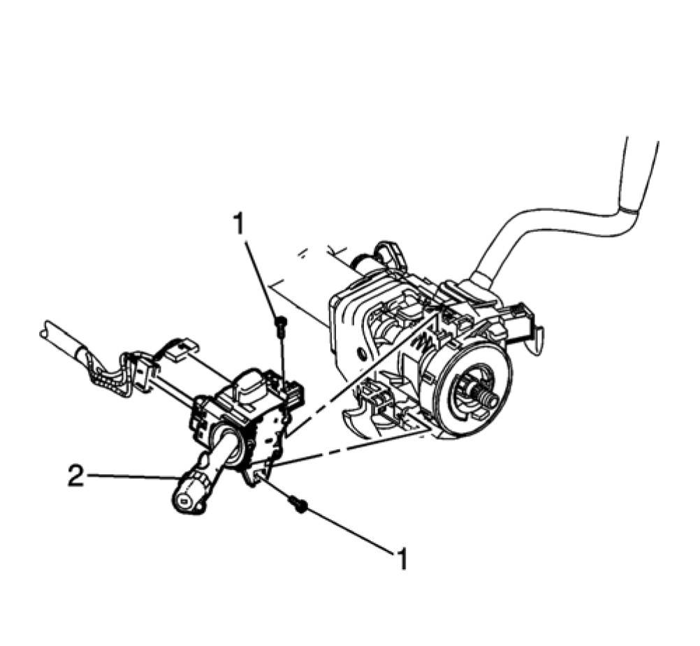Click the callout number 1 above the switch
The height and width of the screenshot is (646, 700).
(x=240, y=225)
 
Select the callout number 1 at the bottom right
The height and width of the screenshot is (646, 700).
(x=402, y=559)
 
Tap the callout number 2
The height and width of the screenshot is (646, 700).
(x=76, y=477)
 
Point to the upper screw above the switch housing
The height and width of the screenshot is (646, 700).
(x=280, y=322)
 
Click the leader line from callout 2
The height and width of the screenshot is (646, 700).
(x=133, y=478)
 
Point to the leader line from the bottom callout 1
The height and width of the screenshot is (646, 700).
(x=349, y=531)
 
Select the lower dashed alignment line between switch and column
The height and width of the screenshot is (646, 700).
(x=349, y=450)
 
